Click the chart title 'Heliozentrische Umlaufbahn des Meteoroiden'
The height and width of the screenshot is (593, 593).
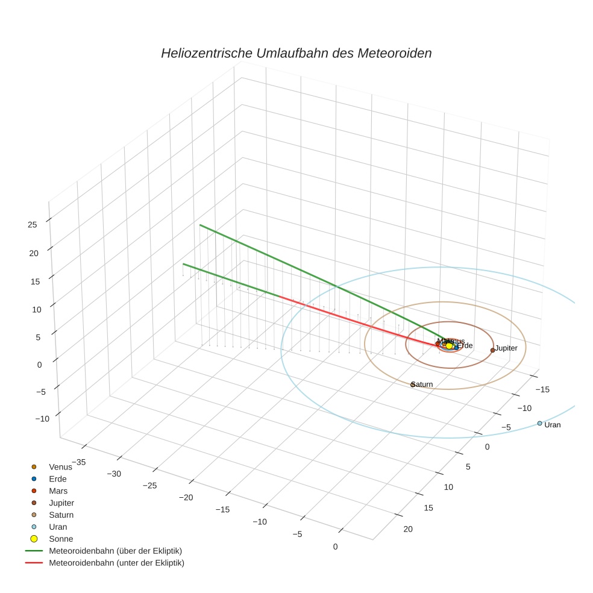click(x=296, y=53)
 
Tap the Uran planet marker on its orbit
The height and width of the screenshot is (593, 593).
click(x=539, y=423)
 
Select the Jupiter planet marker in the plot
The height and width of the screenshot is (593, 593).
click(x=492, y=350)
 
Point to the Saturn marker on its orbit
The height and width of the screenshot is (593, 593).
click(x=413, y=384)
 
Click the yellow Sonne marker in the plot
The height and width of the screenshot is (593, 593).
click(x=449, y=345)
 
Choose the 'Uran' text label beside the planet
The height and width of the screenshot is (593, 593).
click(x=552, y=425)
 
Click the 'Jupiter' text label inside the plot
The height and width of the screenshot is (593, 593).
click(x=506, y=348)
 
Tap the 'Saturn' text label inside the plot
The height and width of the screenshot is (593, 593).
click(x=422, y=384)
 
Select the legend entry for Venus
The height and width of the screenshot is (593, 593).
click(x=60, y=467)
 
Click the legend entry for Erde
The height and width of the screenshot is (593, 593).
click(x=57, y=479)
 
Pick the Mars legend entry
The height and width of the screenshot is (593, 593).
click(x=58, y=491)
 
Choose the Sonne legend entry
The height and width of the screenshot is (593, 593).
click(x=60, y=539)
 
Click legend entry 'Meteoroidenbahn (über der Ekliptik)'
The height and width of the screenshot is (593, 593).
click(x=115, y=551)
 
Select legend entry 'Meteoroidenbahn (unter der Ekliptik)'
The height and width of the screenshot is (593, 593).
click(x=116, y=563)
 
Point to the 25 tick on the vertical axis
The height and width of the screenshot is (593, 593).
click(x=32, y=225)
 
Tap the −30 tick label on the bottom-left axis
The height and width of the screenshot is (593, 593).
click(x=113, y=474)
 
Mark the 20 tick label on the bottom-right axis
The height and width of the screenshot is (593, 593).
click(x=407, y=529)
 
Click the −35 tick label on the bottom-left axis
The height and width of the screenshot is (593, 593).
click(x=78, y=462)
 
